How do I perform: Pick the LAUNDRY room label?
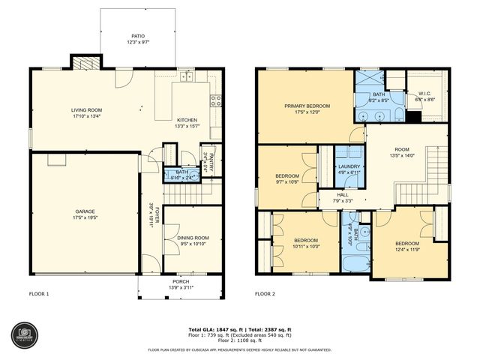tap(349, 166)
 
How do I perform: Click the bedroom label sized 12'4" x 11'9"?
tap(407, 243)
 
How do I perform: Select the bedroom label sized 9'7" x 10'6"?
tap(286, 176)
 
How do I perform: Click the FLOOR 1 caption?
tap(38, 294)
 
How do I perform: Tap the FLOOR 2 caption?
tap(265, 294)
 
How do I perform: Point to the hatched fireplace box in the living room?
tap(82, 63)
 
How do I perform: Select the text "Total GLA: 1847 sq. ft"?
tap(211, 329)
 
